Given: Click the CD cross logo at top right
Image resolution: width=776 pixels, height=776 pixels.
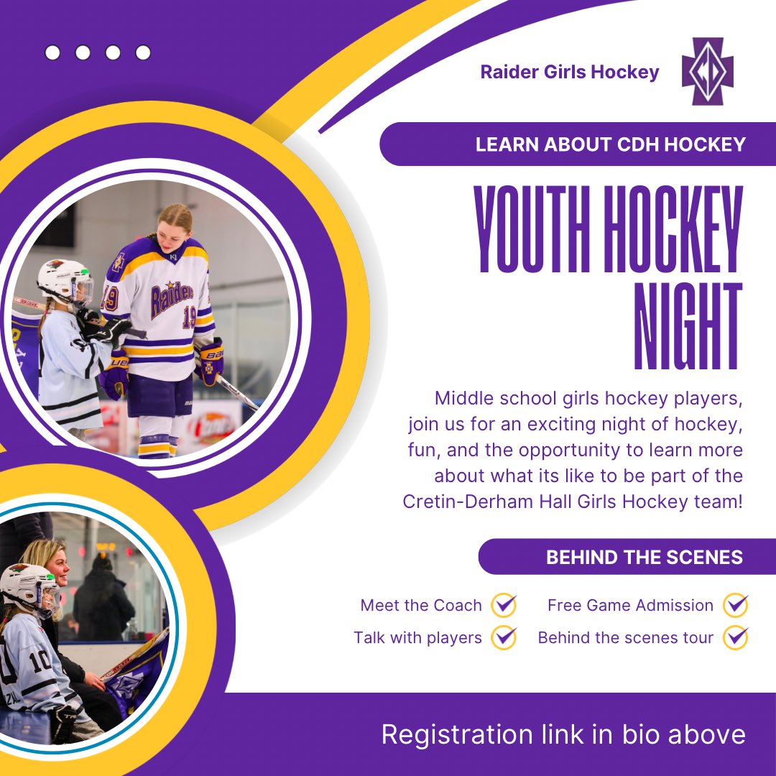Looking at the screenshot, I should (707, 72).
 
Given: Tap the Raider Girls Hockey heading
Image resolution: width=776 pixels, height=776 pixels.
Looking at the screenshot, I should (570, 72).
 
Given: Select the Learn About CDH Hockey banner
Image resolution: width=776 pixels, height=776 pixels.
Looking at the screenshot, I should (610, 144).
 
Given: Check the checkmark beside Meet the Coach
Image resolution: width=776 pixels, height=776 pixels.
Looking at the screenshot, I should (504, 605).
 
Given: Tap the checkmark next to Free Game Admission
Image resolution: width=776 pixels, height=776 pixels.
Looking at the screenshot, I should (736, 605).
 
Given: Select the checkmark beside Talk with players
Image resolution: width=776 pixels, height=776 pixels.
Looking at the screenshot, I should (504, 637).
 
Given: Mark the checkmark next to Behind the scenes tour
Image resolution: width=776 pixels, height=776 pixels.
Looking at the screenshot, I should (736, 637).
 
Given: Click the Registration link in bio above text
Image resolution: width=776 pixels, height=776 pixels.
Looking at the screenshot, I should (563, 735).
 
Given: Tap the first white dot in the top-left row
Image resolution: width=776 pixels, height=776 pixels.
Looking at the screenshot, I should (52, 52).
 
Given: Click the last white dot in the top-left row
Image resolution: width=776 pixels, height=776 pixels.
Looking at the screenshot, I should (143, 52).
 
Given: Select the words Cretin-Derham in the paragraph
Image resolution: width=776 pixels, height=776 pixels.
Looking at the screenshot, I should (471, 502).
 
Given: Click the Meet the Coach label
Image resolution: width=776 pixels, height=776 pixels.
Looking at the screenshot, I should (421, 605).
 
